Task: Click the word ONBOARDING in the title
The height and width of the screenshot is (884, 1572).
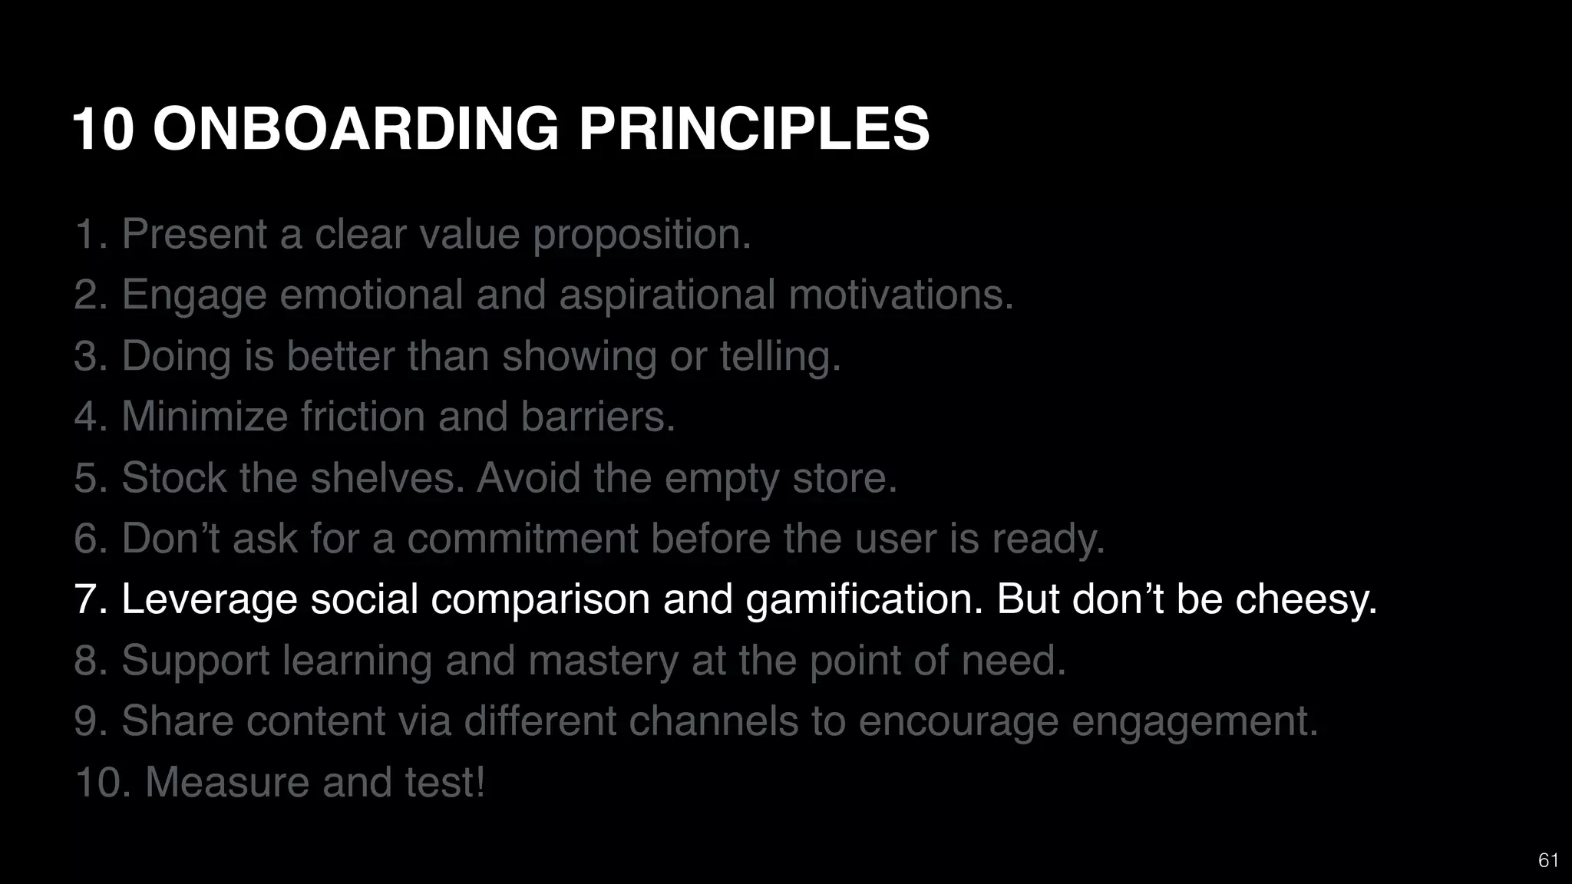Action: click(x=356, y=128)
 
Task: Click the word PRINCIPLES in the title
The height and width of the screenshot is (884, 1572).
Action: click(x=754, y=128)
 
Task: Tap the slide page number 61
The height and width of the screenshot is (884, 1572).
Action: click(x=1548, y=860)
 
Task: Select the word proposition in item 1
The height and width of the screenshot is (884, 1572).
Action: click(x=642, y=235)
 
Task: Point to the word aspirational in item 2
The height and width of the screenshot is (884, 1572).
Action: click(x=667, y=295)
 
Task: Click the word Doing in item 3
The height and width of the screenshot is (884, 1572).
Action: click(x=176, y=357)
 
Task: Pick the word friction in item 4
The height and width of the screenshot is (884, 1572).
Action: click(x=362, y=417)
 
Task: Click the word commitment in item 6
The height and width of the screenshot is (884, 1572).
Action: click(x=523, y=539)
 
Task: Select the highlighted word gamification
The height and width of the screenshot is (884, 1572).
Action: click(x=864, y=600)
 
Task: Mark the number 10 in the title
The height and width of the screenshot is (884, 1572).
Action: click(x=103, y=128)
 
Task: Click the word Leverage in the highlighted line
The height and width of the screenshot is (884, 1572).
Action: click(x=209, y=600)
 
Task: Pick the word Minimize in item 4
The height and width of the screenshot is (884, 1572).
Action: click(x=204, y=417)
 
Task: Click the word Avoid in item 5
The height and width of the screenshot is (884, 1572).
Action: click(x=528, y=478)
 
